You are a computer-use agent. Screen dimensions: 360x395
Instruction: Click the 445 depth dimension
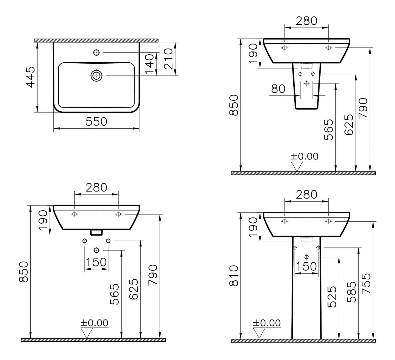pos(31,77)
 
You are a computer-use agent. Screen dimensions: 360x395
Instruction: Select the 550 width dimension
pos(96,121)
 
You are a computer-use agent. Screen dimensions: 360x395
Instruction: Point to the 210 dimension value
pos(168,59)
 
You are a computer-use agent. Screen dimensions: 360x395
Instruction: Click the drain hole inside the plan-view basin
pos(96,75)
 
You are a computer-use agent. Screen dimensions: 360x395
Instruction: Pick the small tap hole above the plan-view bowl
pos(96,52)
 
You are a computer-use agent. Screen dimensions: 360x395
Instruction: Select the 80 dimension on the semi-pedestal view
pos(278,89)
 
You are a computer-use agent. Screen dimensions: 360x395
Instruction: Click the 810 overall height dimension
pos(235,275)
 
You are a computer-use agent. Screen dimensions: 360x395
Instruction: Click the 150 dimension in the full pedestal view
pos(306,266)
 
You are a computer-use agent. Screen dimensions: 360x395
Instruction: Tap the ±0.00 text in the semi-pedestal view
pos(304,156)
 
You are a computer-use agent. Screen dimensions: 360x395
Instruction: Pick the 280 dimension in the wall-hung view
pos(96,187)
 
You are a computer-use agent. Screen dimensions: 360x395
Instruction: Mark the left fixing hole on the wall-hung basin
pos(74,214)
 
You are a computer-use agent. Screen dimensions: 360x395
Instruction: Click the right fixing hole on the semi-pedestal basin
pos(328,48)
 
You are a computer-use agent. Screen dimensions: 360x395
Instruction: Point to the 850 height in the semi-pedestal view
pos(235,105)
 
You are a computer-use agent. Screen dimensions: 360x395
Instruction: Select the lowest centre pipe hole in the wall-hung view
pos(96,250)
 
